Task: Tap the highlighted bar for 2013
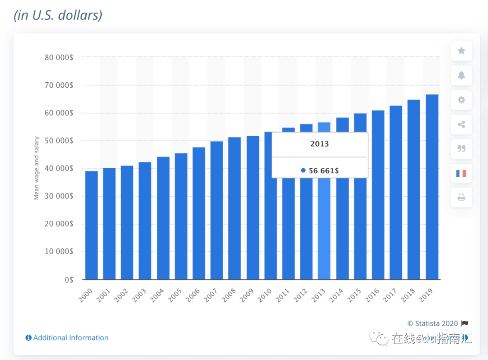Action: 324,226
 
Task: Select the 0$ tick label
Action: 69,279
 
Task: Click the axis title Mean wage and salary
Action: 37,168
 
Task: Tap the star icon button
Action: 461,51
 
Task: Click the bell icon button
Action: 461,76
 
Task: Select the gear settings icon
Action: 461,100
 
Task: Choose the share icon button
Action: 461,124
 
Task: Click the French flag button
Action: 461,173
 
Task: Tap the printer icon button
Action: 461,197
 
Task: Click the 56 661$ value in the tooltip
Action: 324,171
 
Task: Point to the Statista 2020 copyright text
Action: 432,323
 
